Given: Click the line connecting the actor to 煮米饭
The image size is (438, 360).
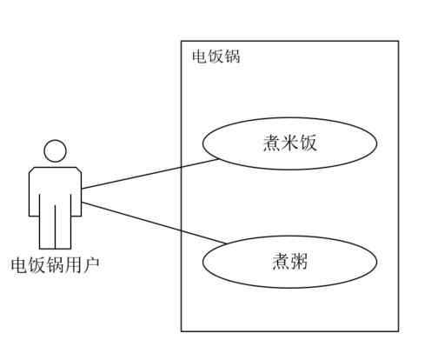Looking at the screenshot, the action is pyautogui.click(x=150, y=174).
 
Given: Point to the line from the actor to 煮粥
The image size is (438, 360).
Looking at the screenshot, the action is pyautogui.click(x=155, y=223).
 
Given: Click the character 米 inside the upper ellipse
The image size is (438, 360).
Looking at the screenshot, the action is pyautogui.click(x=290, y=143).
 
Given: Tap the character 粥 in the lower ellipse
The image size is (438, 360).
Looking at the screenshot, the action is pyautogui.click(x=299, y=261).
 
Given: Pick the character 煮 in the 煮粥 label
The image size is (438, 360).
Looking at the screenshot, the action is pyautogui.click(x=281, y=261).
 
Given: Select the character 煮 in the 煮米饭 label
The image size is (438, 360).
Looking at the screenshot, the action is pyautogui.click(x=272, y=143).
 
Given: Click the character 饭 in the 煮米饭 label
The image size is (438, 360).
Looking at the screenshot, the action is pyautogui.click(x=308, y=143).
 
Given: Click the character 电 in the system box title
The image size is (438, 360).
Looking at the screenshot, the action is pyautogui.click(x=200, y=57).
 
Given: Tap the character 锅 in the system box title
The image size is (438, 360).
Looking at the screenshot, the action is pyautogui.click(x=232, y=57).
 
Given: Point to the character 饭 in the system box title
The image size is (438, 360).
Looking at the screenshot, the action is pyautogui.click(x=216, y=57).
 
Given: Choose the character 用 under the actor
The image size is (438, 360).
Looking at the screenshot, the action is pyautogui.click(x=73, y=265).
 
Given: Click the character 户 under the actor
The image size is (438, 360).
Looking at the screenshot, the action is pyautogui.click(x=91, y=265).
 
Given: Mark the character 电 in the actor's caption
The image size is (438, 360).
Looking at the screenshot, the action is pyautogui.click(x=20, y=265).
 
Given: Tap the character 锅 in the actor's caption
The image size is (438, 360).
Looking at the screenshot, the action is pyautogui.click(x=56, y=265).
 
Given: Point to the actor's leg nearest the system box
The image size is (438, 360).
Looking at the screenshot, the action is pyautogui.click(x=63, y=227).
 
